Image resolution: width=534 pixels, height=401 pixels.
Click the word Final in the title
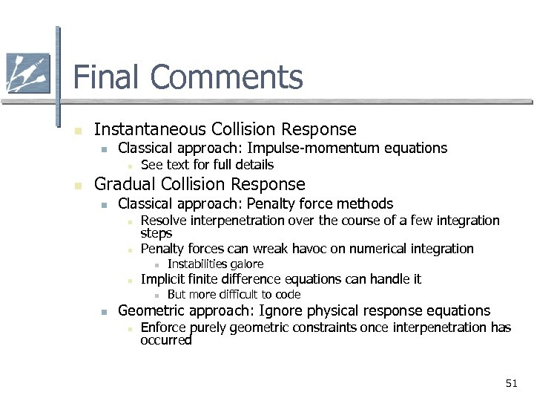coord(102,77)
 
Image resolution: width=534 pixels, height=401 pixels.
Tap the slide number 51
coord(511,383)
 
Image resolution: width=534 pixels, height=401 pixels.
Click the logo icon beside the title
coord(27,73)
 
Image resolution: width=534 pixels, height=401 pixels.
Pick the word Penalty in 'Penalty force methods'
coord(269,203)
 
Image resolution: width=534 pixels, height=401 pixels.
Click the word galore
coord(246,264)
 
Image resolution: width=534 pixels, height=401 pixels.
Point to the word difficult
coord(227,295)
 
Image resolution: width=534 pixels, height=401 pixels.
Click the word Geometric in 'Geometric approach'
coord(152,310)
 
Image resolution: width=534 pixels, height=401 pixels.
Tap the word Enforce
coord(163,327)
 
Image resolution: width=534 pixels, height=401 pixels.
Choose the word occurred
coord(166,341)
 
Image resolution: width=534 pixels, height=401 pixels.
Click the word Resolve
coord(162,221)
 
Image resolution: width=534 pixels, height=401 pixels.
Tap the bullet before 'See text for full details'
coord(128,166)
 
